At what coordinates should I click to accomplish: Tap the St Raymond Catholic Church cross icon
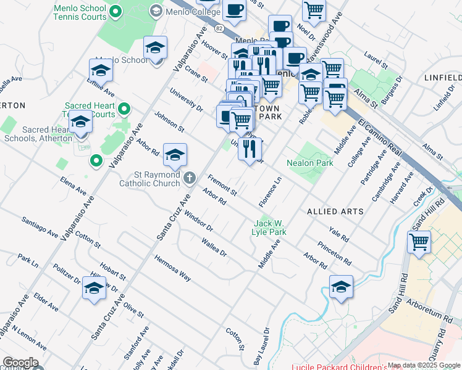[x=189, y=178]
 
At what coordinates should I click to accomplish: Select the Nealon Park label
[x=310, y=163]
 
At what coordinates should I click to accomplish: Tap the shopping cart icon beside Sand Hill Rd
[x=419, y=243]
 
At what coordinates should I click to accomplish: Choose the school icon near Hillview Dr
[x=94, y=289]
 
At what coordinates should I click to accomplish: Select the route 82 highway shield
[x=219, y=28]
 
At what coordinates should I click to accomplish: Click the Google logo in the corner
[x=20, y=363]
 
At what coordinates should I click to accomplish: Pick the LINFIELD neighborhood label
[x=442, y=78]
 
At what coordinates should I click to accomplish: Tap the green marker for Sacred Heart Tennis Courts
[x=124, y=110]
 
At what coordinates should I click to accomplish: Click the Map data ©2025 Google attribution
[x=424, y=365]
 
